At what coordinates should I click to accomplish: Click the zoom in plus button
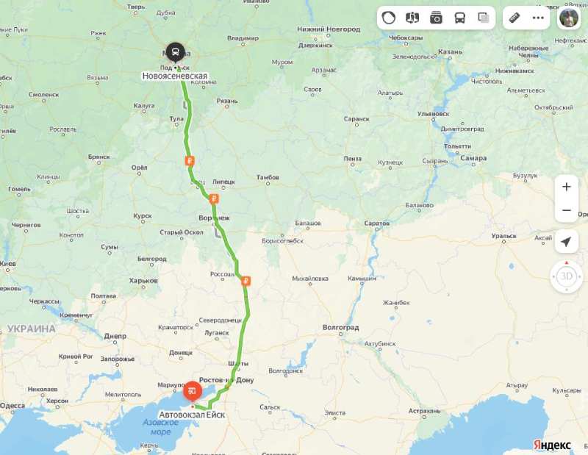click(x=566, y=187)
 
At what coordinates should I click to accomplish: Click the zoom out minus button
click(x=566, y=210)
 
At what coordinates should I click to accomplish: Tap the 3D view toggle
click(x=566, y=277)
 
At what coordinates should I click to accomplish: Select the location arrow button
click(x=566, y=242)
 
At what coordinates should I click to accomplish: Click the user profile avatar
click(x=568, y=18)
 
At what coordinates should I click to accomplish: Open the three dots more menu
click(x=539, y=18)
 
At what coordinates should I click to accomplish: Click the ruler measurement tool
click(x=515, y=18)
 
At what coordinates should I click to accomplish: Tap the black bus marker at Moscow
click(x=175, y=52)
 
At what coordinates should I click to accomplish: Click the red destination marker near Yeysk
click(x=192, y=390)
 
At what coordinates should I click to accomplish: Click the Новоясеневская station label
click(x=175, y=76)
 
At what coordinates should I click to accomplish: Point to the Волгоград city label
click(x=340, y=327)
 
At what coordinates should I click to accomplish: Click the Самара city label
click(x=473, y=158)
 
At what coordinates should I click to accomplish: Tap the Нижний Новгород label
click(x=329, y=29)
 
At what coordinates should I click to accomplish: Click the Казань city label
click(x=449, y=52)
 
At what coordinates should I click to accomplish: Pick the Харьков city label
click(x=144, y=281)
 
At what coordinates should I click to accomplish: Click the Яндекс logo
click(x=552, y=445)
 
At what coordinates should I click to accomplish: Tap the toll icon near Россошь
click(x=245, y=280)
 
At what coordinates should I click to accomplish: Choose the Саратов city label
click(x=376, y=223)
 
